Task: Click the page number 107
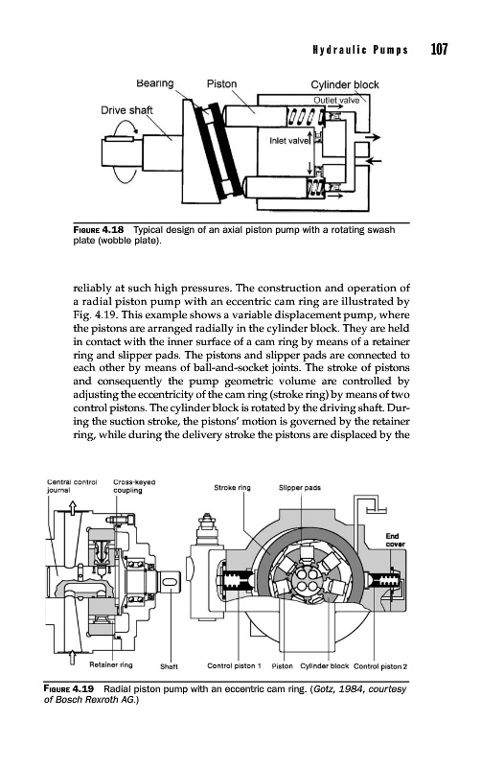pos(439,50)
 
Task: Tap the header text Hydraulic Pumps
pos(360,50)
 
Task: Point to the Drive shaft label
pos(126,110)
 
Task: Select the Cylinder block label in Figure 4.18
pos(345,84)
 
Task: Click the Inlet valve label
pos(289,141)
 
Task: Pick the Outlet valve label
pos(336,101)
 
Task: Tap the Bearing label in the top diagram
pos(155,83)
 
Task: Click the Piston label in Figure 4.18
pos(221,83)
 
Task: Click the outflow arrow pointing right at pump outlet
pos(373,137)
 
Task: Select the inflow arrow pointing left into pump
pos(373,160)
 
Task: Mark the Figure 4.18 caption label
pos(99,229)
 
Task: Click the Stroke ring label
pos(232,488)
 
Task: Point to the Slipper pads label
pos(300,488)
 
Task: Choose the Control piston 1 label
pos(234,665)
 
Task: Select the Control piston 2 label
pos(380,666)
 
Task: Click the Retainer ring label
pos(111,664)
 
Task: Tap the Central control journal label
pos(72,486)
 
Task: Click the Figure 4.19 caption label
pos(68,688)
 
